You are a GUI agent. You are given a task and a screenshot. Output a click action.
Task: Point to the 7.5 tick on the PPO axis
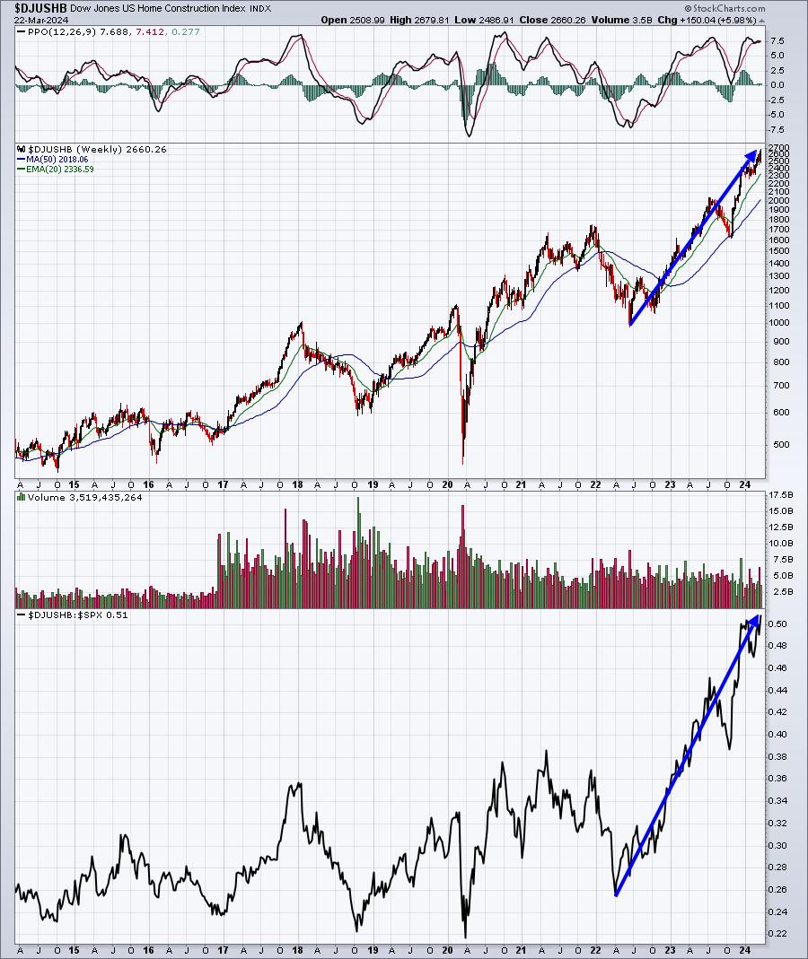[x=777, y=41]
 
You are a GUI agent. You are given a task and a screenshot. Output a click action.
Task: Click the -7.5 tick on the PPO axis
[x=777, y=128]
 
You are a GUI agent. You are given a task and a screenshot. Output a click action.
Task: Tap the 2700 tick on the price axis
[x=779, y=147]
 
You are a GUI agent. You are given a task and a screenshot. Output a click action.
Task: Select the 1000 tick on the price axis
[x=779, y=322]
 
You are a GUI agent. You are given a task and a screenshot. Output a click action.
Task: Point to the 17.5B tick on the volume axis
[x=779, y=494]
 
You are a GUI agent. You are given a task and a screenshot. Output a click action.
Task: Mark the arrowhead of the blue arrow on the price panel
[x=757, y=154]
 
